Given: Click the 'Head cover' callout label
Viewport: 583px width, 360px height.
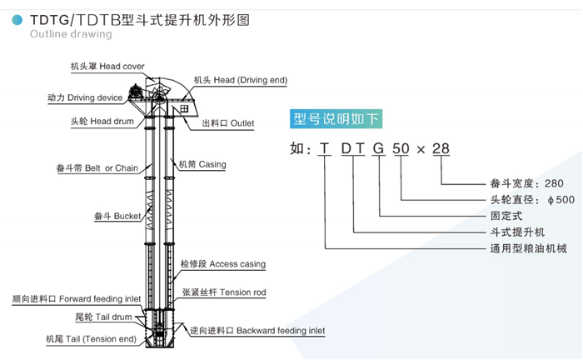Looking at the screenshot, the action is point(107,66).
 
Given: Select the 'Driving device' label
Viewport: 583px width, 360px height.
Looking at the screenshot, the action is point(85,97).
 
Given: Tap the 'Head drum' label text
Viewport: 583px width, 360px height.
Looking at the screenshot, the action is point(102,121).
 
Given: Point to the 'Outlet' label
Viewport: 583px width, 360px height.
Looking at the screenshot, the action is point(228,123).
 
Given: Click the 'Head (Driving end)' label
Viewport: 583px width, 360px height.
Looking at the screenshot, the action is point(241,80).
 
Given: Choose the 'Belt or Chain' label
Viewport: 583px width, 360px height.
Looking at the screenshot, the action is point(97,168).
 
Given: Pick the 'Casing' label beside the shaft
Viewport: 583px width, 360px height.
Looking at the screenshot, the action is point(202,164).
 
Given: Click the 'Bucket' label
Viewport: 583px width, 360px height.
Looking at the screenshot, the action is point(117,216).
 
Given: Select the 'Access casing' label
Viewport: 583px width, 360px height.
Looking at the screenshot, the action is point(223,264).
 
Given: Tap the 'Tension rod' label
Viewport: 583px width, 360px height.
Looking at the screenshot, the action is point(224,292).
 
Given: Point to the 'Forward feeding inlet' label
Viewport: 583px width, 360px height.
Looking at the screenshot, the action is point(77,299).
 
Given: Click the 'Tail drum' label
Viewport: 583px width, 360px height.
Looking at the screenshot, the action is point(103,317).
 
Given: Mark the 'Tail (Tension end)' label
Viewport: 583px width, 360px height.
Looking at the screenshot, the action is point(91,339).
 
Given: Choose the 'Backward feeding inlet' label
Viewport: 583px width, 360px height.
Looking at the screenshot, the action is point(257,331).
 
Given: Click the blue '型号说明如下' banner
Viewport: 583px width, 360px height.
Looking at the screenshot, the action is point(336,119).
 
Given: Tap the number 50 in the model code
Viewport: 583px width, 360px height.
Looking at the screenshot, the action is point(401,149).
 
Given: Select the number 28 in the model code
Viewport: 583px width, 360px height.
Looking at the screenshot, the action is point(441,149).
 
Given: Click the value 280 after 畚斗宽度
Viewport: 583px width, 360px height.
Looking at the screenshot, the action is point(554,183).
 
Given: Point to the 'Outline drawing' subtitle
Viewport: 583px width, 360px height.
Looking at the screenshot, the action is point(71,34).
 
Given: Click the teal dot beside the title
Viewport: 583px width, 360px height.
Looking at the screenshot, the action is point(17,20).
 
